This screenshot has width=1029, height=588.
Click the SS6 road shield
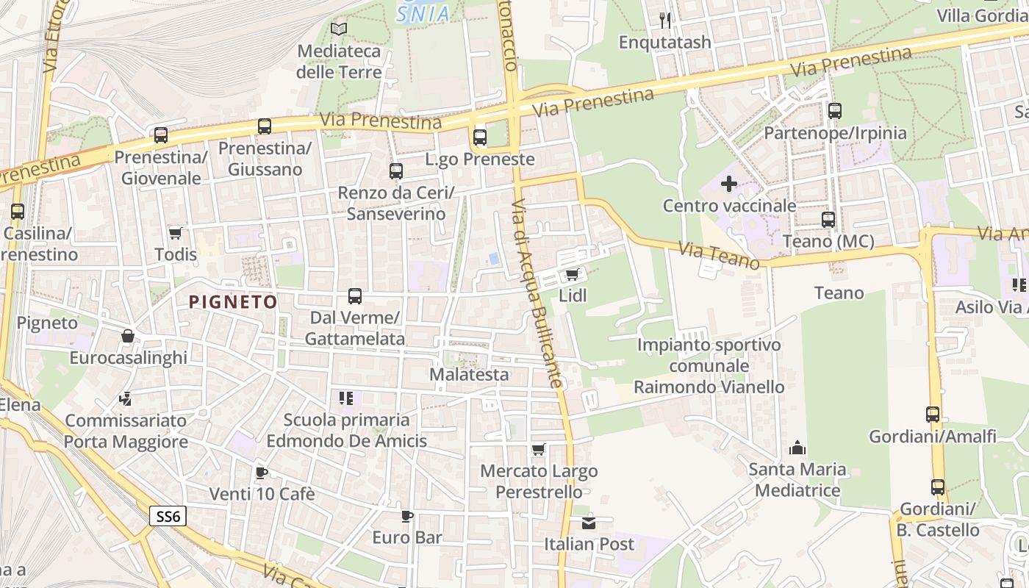click(x=168, y=516)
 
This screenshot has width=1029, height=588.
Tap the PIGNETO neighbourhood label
click(x=233, y=301)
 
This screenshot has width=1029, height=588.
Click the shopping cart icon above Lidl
click(x=573, y=275)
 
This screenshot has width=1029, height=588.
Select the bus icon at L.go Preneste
click(x=480, y=137)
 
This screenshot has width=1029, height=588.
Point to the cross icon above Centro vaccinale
click(x=729, y=184)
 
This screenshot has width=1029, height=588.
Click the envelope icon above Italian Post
click(x=589, y=523)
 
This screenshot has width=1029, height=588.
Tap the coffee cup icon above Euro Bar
click(x=407, y=516)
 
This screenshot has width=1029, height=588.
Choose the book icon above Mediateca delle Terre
click(x=339, y=29)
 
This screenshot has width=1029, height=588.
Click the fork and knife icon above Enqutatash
click(x=665, y=20)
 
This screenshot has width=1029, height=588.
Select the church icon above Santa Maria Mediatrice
click(x=797, y=447)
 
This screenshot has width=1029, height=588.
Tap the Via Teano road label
click(x=719, y=256)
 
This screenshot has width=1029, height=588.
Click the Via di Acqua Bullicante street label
click(x=539, y=294)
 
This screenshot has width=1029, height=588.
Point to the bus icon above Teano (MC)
click(x=828, y=220)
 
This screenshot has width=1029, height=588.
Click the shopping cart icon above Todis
click(x=176, y=233)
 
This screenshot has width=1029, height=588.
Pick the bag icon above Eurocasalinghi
click(x=128, y=336)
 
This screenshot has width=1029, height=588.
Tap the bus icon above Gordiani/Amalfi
click(x=933, y=415)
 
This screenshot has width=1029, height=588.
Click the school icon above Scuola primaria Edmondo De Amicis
click(x=346, y=398)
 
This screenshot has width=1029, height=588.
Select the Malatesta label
click(x=469, y=374)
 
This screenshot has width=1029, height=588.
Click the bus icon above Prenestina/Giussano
click(x=265, y=126)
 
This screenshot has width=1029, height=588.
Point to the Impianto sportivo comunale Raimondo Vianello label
click(x=709, y=365)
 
